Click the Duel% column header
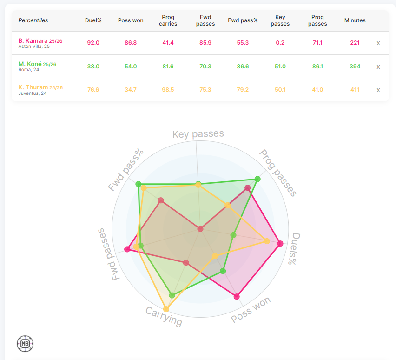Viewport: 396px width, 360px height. (x=93, y=20)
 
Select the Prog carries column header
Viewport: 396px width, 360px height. (x=168, y=20)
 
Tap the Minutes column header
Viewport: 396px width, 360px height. (x=355, y=20)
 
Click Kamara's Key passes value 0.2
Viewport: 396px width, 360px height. (x=280, y=43)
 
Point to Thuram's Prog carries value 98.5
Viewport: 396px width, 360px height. (x=168, y=90)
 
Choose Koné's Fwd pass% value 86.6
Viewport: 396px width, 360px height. (x=243, y=67)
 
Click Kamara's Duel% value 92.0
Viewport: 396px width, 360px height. (x=93, y=43)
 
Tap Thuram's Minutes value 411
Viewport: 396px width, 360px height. (x=355, y=90)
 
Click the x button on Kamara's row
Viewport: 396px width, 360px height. (x=378, y=43)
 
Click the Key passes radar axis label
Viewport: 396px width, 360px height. (x=198, y=134)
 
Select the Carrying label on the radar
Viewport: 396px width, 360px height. (x=164, y=316)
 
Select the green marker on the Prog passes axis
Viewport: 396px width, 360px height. (x=257, y=179)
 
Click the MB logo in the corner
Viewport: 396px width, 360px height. (x=25, y=344)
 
